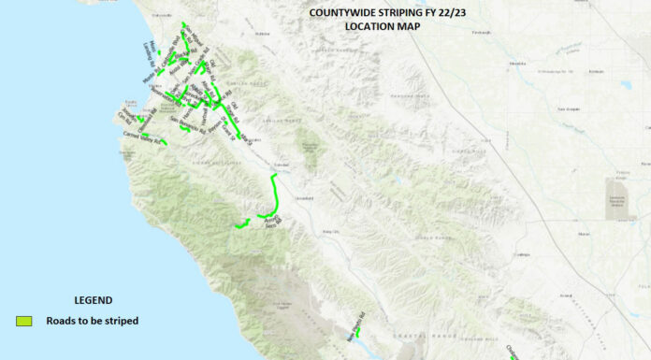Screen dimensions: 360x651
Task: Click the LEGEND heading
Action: (93, 300)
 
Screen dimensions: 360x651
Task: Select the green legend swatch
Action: (25, 321)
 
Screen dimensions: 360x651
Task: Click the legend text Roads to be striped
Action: (93, 321)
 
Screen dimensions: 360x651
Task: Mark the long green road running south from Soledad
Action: (276, 196)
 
